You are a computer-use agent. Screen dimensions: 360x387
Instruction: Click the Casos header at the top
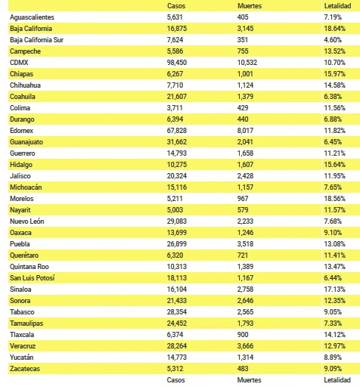point(176,6)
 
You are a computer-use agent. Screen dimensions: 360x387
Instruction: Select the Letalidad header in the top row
point(337,6)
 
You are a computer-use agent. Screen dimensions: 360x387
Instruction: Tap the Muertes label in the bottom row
point(249,380)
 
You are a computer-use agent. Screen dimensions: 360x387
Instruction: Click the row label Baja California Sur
point(36,40)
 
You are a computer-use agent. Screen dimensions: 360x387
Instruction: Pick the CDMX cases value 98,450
point(177,63)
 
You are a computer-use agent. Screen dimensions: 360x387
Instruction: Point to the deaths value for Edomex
point(245,131)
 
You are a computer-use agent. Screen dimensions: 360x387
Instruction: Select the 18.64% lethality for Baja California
point(334,29)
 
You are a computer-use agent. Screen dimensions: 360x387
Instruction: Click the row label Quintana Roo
point(29,267)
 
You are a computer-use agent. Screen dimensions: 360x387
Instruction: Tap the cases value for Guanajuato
point(177,142)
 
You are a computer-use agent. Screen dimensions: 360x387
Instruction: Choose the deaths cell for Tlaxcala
point(243,335)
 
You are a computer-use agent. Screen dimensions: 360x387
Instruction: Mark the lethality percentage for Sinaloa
point(334,289)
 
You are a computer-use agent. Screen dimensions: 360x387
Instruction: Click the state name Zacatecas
point(25,369)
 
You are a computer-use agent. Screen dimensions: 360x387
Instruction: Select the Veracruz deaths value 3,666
point(245,346)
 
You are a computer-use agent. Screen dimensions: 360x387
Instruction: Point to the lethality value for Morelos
point(334,199)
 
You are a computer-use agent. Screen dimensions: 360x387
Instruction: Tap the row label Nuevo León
point(27,221)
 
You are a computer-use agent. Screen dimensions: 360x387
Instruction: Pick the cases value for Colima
point(175,108)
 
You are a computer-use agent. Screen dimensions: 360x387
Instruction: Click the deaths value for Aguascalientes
point(243,17)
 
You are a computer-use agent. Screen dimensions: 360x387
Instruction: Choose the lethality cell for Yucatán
point(333,358)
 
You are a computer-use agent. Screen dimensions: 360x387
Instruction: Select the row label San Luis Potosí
point(33,278)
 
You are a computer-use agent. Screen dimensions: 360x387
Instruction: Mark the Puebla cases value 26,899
point(177,244)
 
